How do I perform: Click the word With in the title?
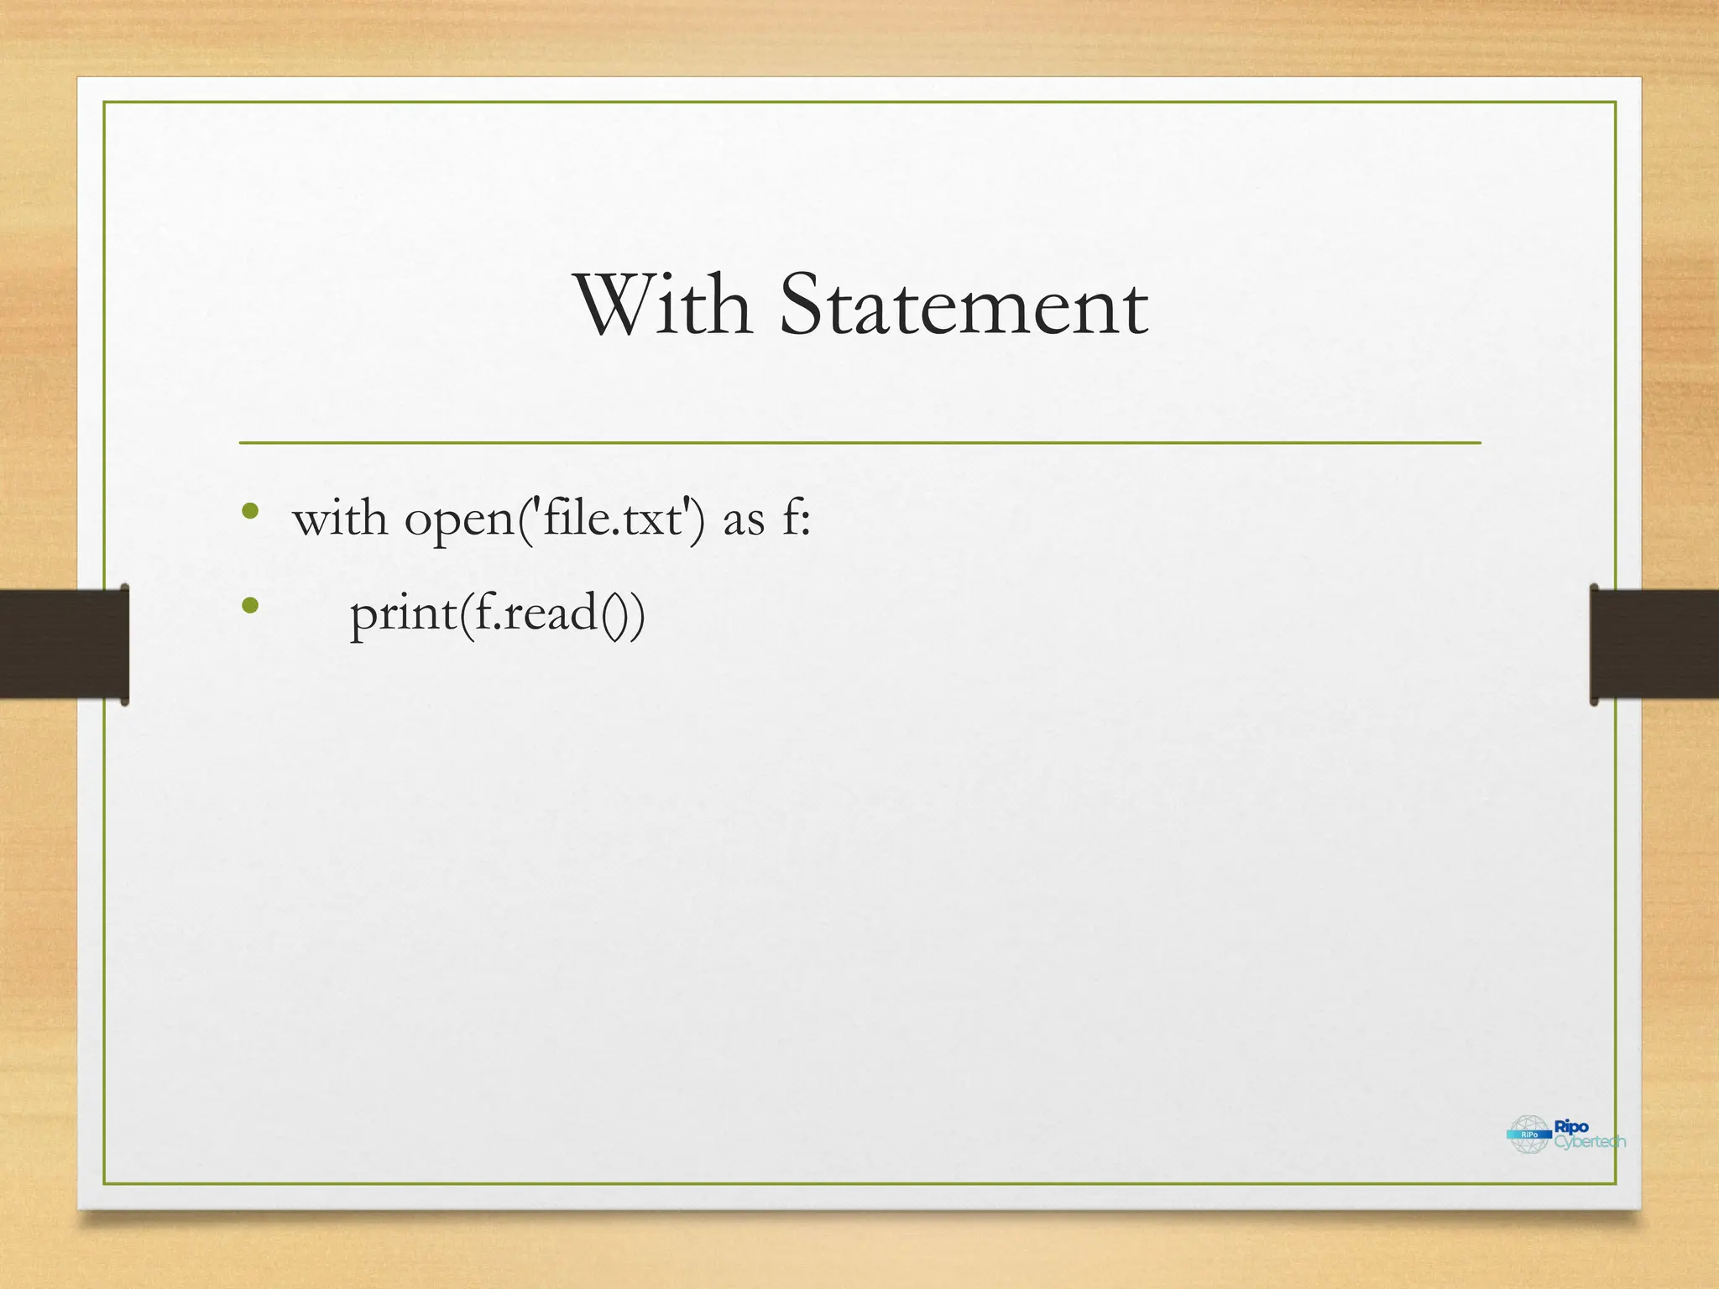[x=663, y=305]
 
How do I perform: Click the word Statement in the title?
[x=964, y=305]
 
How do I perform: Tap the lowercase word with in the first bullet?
[x=340, y=519]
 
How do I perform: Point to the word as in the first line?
[x=744, y=521]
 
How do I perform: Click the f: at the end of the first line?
[x=797, y=519]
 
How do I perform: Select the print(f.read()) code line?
[x=497, y=613]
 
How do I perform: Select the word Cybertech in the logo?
[x=1590, y=1142]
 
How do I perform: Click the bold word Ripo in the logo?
[x=1572, y=1127]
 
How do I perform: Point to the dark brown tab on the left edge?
[x=64, y=644]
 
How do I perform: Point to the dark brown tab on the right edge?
[x=1654, y=644]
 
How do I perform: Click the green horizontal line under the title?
[x=859, y=442]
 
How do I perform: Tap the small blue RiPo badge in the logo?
[x=1529, y=1135]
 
